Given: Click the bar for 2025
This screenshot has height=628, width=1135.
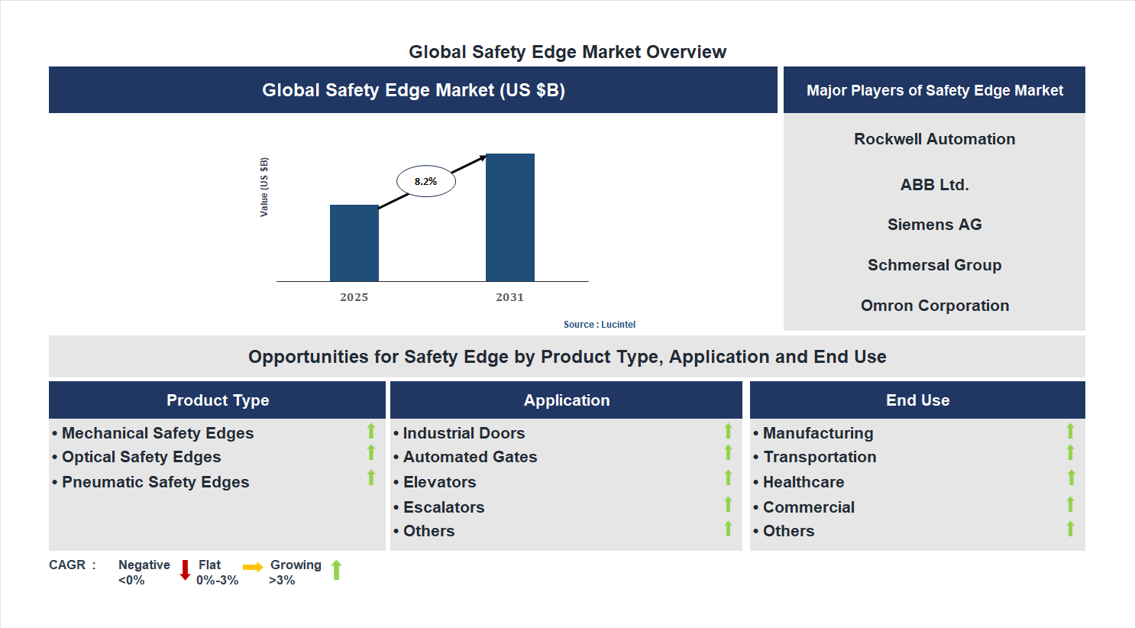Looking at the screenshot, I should coord(354,243).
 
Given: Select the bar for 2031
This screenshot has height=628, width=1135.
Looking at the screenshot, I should coord(509,218).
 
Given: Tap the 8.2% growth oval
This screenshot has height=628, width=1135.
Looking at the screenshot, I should coord(425,182).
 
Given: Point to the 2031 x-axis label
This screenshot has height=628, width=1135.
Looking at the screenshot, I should coord(509,297).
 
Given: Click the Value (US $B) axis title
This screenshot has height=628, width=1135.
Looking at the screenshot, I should coord(264,187).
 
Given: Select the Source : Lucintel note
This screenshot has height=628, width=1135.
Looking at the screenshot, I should coord(599,325).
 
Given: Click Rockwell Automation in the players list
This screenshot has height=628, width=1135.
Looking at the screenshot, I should coord(934,139).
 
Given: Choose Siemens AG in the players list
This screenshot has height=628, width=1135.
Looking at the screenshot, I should coord(934,225).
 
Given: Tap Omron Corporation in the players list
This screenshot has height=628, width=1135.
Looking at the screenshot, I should coord(934,306).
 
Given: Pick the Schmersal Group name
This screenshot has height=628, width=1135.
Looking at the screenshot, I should coord(934,265).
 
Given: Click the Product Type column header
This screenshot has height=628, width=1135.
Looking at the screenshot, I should coord(218,400).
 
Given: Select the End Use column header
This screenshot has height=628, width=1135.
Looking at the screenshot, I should coord(917,400).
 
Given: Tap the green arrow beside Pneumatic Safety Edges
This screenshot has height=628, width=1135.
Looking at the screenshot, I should coord(371,477).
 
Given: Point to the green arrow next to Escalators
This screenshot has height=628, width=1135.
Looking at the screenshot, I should coord(728,504).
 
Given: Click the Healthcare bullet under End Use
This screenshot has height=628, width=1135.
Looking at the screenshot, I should coord(803,482).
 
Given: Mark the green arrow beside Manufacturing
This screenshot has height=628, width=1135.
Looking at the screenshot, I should coord(1070,431).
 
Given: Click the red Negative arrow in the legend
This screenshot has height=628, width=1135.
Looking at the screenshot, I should coord(185,570).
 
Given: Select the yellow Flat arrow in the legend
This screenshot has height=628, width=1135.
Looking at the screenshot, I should coord(253,567).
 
